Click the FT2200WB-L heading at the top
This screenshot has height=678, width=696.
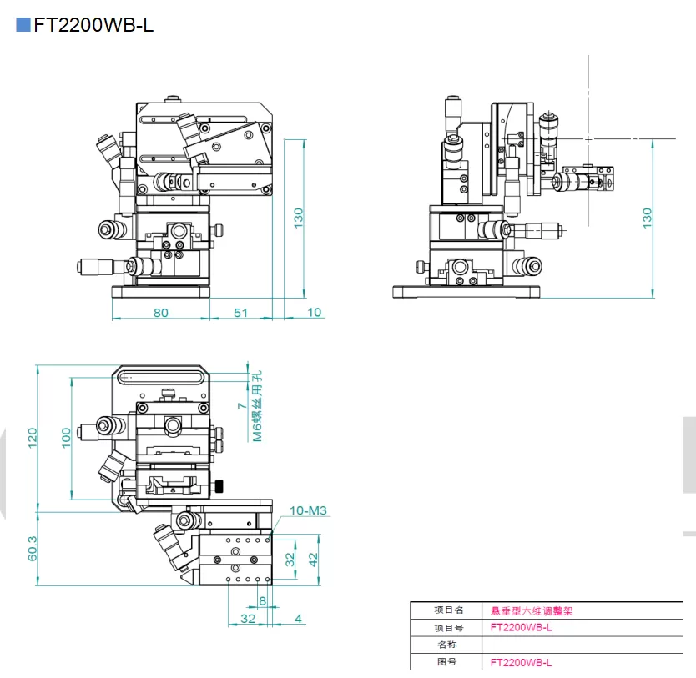93,24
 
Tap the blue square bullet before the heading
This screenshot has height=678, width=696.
23,24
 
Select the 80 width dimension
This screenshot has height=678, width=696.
160,312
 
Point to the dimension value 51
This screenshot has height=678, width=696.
240,312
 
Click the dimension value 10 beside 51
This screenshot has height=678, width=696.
314,312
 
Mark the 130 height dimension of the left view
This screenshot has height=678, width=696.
298,217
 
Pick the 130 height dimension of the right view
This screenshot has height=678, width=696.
647,217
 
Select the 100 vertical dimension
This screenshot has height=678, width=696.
67,438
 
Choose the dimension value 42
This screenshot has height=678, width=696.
313,559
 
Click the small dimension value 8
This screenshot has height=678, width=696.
262,600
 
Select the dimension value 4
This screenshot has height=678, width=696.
299,618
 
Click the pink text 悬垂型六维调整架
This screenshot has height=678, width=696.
532,610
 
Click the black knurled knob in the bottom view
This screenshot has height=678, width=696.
219,486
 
